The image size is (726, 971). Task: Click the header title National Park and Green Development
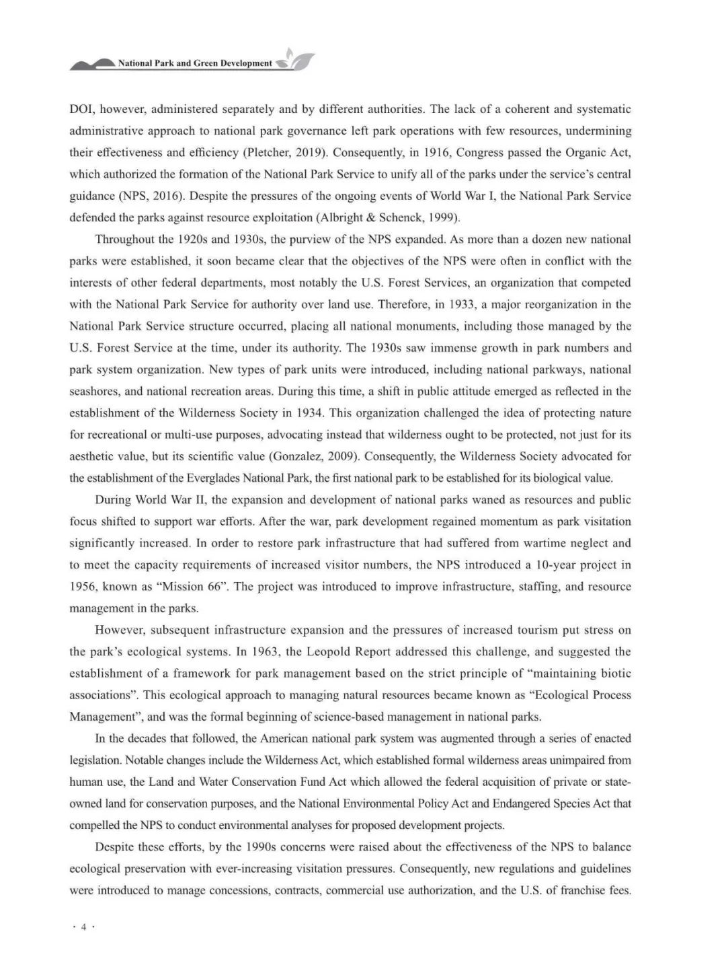click(195, 63)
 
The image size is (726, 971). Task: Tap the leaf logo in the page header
click(296, 61)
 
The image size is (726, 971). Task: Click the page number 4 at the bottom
click(84, 928)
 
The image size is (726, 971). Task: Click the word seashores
click(93, 392)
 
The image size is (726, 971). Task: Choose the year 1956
click(83, 587)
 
